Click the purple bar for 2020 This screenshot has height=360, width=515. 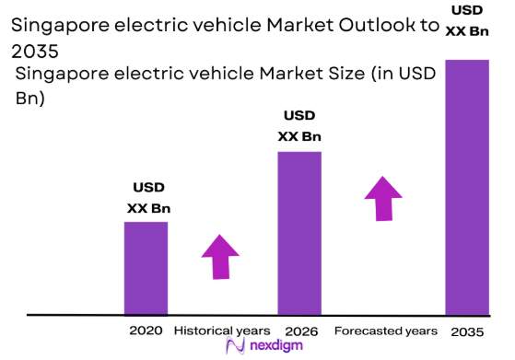146,268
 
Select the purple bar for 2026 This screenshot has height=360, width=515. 299,233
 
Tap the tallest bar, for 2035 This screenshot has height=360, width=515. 466,187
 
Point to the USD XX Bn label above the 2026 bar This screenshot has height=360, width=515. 299,126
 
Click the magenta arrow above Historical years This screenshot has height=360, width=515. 220,256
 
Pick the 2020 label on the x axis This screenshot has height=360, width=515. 146,331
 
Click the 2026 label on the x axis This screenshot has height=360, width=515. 299,331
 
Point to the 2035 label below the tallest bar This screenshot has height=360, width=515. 467,331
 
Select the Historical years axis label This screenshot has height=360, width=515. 222,331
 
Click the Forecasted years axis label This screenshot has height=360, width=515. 385,331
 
